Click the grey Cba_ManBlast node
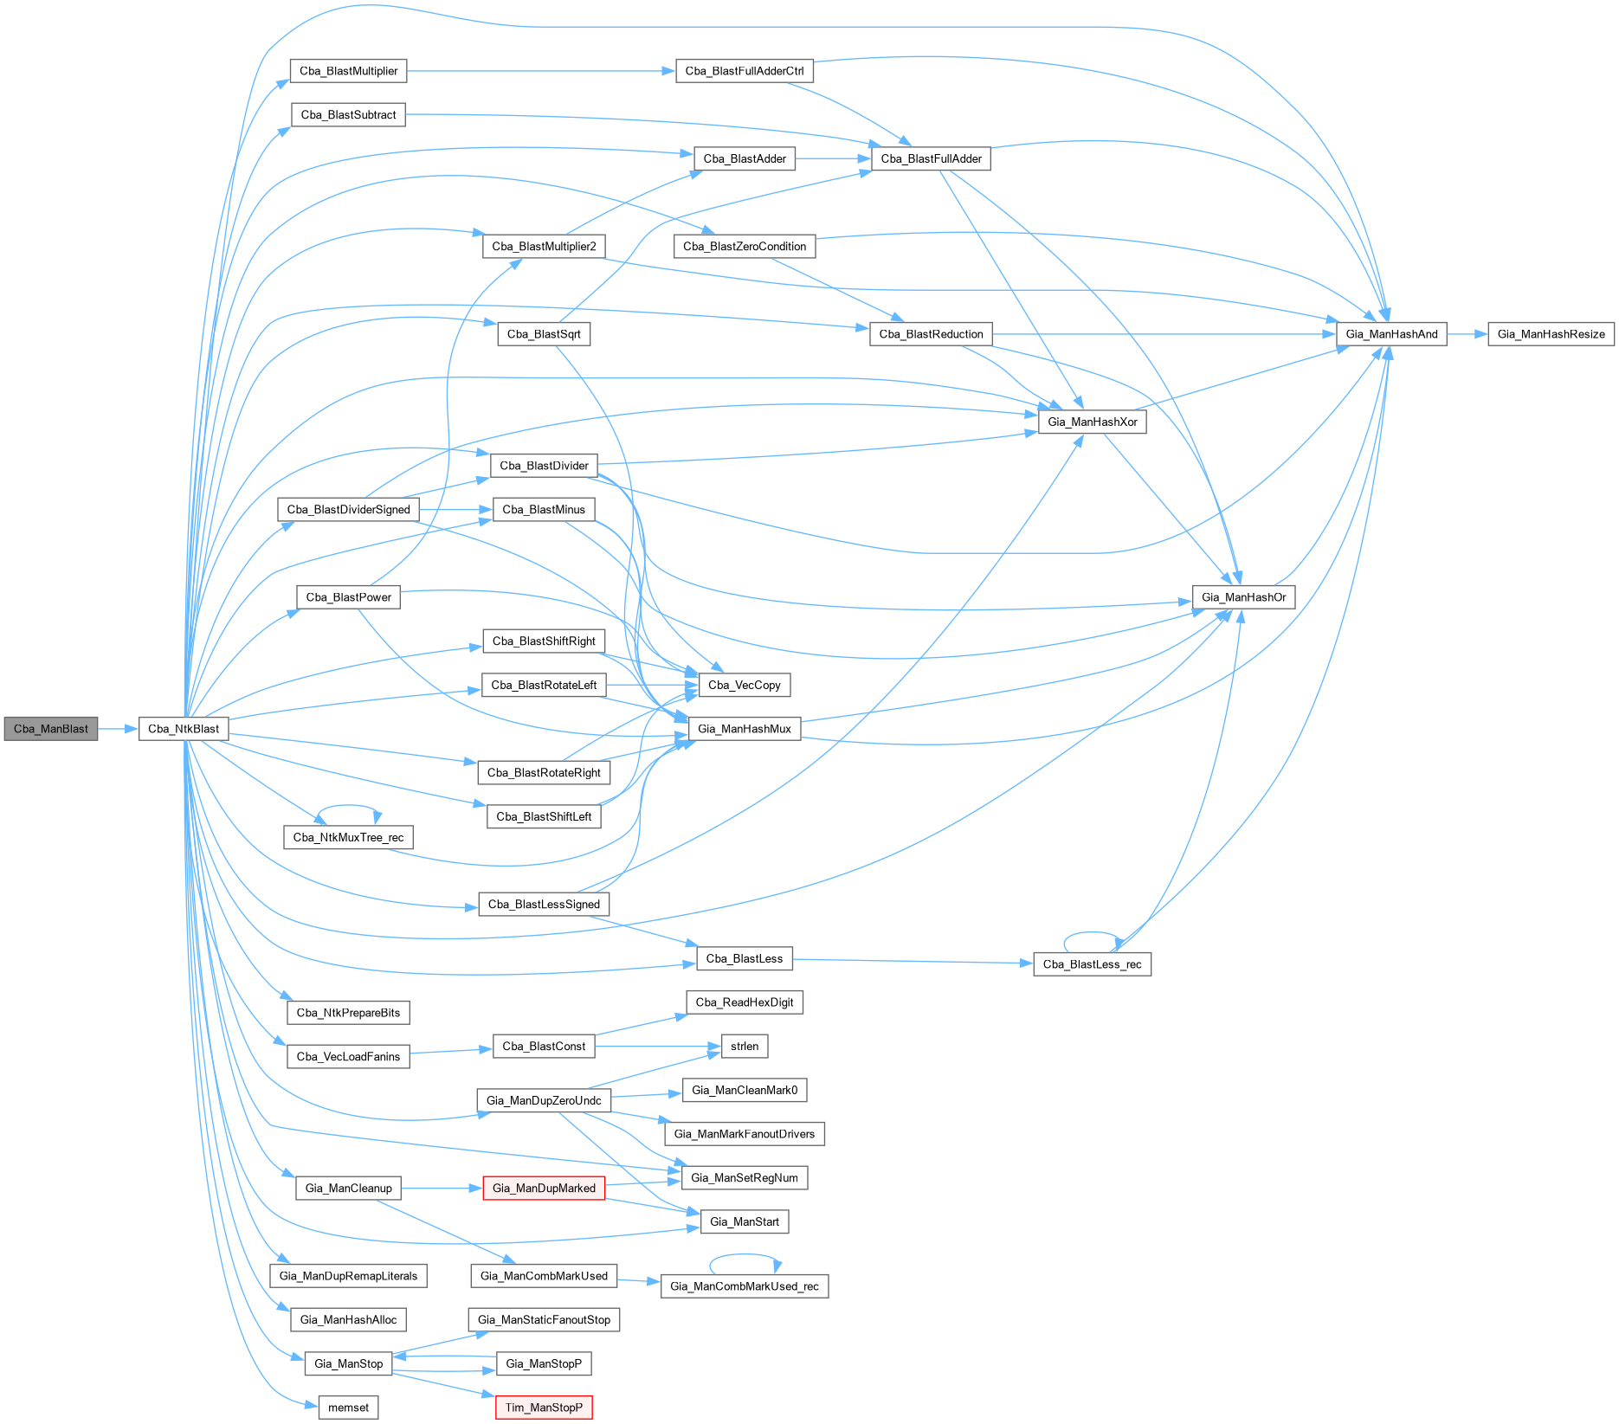51,729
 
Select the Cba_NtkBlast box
184,729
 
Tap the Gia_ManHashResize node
1551,334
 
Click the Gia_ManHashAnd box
1391,334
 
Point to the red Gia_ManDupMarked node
544,1189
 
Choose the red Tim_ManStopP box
544,1408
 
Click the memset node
348,1408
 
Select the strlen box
744,1047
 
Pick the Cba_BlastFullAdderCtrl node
744,71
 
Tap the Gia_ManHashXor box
1092,422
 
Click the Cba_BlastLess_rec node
1092,964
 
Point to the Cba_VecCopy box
744,686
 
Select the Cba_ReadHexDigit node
744,1002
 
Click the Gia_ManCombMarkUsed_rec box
744,1286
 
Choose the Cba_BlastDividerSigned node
348,510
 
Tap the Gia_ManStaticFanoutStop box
544,1320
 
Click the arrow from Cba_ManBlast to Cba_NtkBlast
119,729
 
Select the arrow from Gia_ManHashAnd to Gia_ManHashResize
1467,334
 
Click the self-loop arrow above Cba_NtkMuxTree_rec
348,806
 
